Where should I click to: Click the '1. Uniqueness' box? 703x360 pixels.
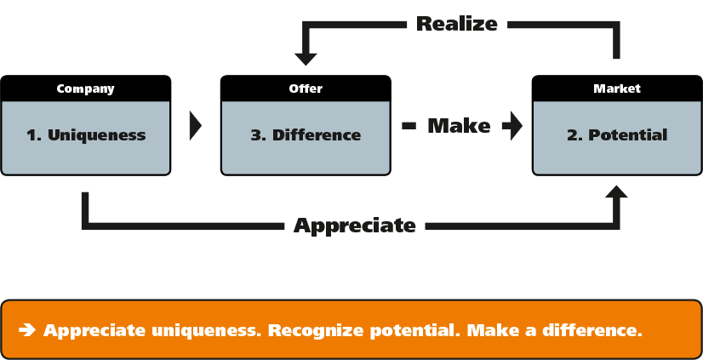pos(86,136)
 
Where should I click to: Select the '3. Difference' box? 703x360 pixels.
pos(306,136)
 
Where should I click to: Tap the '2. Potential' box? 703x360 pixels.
pos(617,136)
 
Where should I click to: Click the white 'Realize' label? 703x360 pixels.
pos(457,24)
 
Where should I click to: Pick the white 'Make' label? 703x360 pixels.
pos(459,126)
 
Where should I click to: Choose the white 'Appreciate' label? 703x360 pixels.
pos(354,226)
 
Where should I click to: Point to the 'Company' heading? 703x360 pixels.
pos(85,89)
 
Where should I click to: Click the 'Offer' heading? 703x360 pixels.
pos(306,89)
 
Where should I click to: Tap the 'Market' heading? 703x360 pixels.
pos(617,89)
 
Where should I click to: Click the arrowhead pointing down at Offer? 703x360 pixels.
pos(306,58)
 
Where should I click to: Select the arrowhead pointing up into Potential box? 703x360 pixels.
pos(615,191)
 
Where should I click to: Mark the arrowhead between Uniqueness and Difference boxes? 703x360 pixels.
pos(195,125)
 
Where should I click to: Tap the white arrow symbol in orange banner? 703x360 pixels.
pos(26,329)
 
